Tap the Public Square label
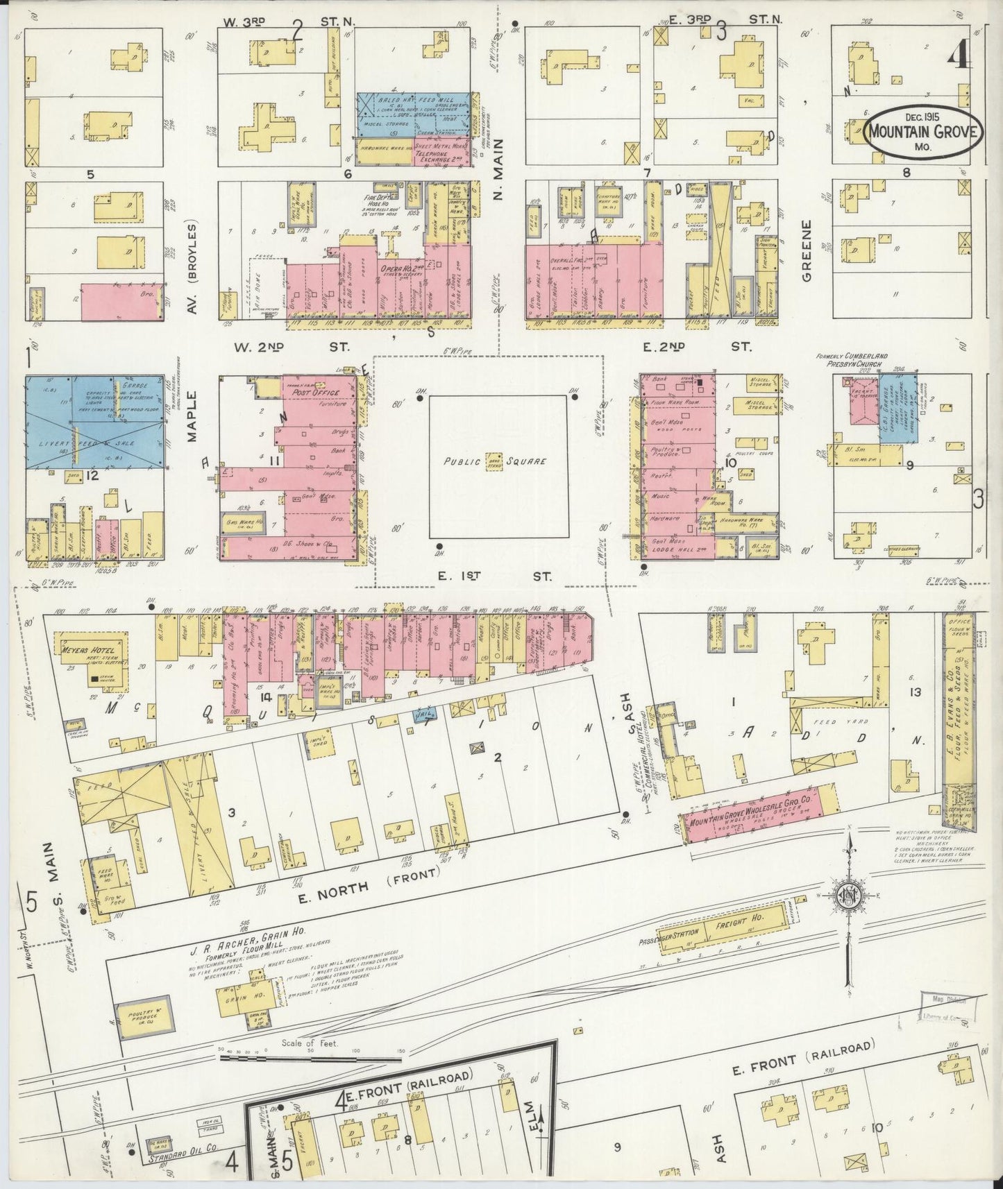[x=496, y=461]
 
